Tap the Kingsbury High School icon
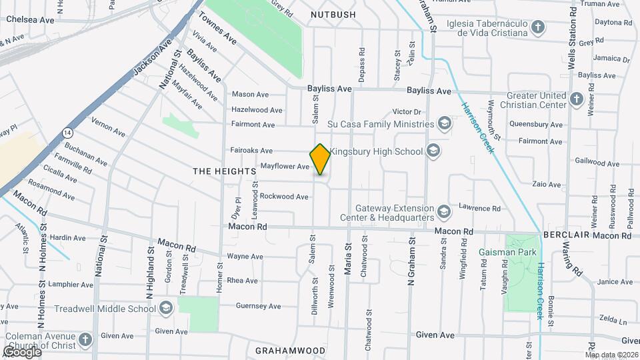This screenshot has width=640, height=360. click(x=434, y=151)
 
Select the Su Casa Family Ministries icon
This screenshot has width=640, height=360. click(x=444, y=123)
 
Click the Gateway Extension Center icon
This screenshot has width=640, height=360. click(x=444, y=212)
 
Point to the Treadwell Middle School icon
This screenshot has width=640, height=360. click(x=166, y=308)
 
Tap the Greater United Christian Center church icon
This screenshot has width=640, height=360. click(x=577, y=99)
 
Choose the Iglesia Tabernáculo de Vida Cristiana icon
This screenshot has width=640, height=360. click(x=539, y=27)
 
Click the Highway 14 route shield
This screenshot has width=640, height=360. click(x=67, y=133)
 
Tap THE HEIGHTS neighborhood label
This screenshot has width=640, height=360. click(x=225, y=171)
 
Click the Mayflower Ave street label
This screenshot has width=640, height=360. click(x=285, y=166)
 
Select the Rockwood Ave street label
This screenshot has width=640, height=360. click(x=284, y=196)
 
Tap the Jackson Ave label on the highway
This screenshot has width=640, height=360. click(x=147, y=60)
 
